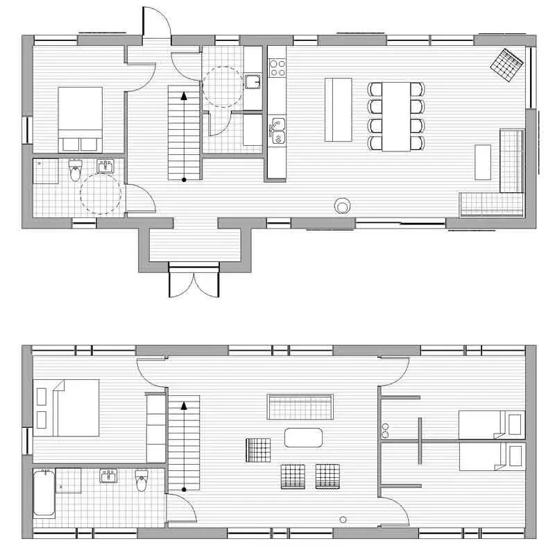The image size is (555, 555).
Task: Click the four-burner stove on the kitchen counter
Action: tap(277, 67)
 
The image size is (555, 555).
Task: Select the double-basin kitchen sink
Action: tap(277, 131)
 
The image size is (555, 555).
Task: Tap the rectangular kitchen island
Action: tap(339, 110)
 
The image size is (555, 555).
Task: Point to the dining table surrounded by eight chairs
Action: tap(396, 116)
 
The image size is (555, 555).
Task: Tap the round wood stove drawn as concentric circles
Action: tap(343, 206)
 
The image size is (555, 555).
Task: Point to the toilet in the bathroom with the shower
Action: tap(76, 170)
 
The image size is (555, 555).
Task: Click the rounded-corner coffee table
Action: tap(303, 438)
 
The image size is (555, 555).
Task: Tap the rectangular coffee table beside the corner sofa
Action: tap(484, 162)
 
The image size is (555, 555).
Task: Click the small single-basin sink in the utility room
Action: tap(253, 83)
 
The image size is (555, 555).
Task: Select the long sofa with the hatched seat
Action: tap(301, 406)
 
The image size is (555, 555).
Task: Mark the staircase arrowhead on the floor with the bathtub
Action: tap(184, 406)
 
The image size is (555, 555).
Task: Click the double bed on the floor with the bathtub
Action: tap(68, 408)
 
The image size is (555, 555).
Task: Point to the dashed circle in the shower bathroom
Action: tap(101, 193)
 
